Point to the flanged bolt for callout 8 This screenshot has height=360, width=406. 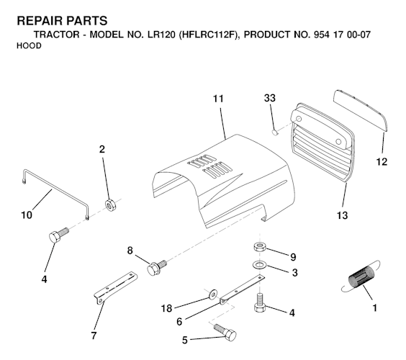pos(155,269)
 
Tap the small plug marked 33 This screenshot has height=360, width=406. pos(275,132)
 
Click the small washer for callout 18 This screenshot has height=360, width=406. pos(213,294)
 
